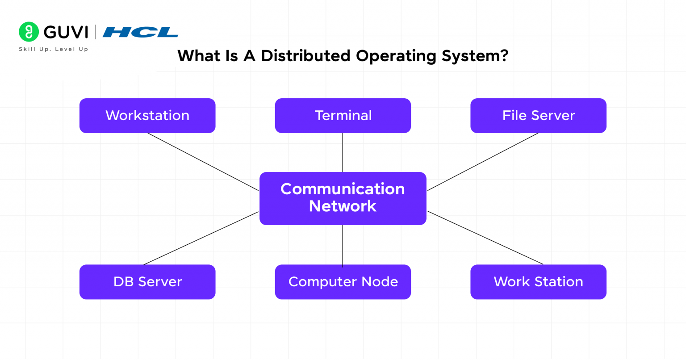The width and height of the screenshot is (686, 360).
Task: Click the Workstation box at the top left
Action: coord(147,116)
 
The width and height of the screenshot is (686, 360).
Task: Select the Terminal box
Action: coord(343,116)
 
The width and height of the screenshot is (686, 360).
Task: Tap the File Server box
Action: coord(538,116)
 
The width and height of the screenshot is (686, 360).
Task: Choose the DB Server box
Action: coord(147,282)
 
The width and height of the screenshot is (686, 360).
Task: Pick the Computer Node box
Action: coord(343,282)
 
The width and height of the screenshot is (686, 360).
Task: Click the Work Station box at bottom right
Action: coord(538,282)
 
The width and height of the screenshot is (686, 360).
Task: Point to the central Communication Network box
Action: coord(343,198)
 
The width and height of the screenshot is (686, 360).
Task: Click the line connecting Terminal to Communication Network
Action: coord(343,152)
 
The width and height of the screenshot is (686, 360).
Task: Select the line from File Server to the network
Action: coord(483,162)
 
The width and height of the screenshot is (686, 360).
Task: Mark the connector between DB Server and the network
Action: coord(201,238)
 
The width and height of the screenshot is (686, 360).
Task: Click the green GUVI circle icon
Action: coord(29,32)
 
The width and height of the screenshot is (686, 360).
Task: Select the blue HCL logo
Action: coord(140,32)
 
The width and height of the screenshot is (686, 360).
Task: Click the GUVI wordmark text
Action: coord(66,32)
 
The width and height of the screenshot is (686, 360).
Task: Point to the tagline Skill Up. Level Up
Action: coord(54,49)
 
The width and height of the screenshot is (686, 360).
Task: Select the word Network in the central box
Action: coord(343,206)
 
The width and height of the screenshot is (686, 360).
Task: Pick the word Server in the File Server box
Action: coord(553,116)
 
